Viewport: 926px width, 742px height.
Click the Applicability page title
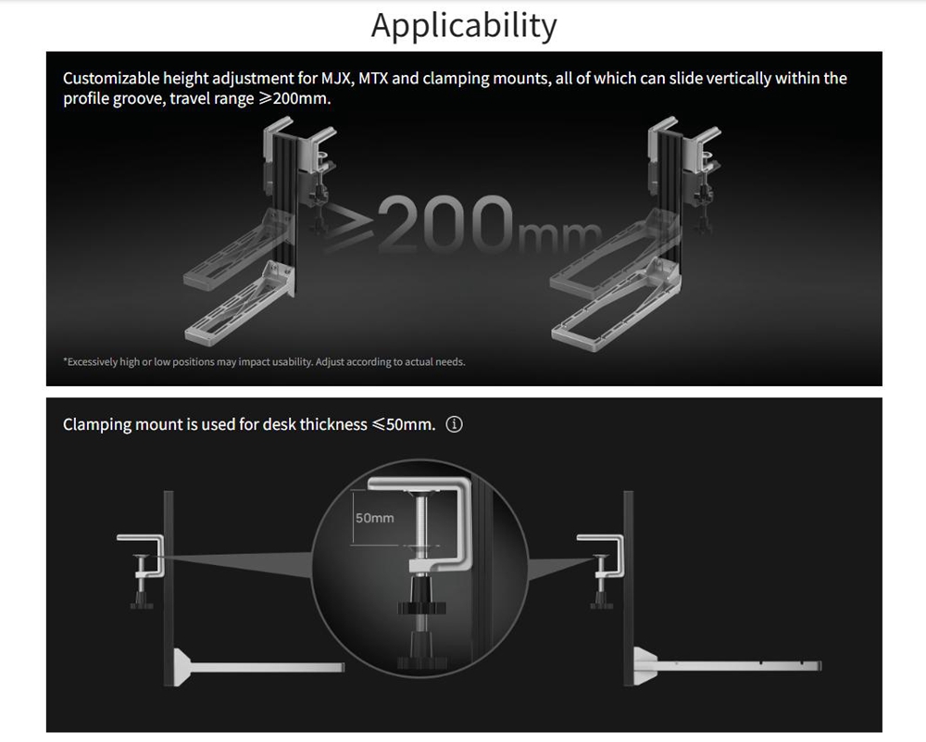(x=464, y=27)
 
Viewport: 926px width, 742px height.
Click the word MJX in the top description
(x=337, y=79)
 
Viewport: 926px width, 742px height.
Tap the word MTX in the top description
(x=373, y=79)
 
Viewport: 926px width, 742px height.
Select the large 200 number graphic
(x=444, y=224)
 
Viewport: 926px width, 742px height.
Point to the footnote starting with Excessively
(x=264, y=361)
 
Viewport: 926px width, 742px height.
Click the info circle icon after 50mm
(x=454, y=424)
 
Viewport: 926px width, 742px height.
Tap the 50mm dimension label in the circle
(x=374, y=518)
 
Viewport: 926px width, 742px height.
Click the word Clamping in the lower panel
(x=97, y=425)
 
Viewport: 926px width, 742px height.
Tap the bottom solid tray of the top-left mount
(x=239, y=304)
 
